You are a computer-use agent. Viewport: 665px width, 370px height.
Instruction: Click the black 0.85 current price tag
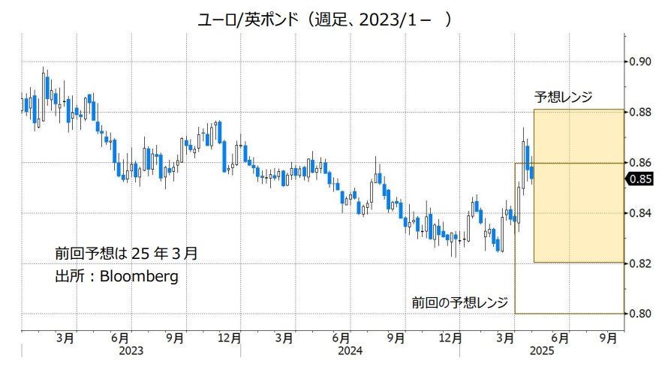pos(641,179)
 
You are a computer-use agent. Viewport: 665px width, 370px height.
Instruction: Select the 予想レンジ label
pos(563,97)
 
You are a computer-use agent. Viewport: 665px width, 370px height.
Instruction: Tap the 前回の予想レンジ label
pos(459,302)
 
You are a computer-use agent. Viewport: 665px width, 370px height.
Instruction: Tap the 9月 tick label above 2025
pos(609,338)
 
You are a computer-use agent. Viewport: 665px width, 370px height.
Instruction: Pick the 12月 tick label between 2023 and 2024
pos(229,338)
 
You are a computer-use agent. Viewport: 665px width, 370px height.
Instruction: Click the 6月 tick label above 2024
pos(340,338)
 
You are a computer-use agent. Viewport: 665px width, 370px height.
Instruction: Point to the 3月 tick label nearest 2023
pos(65,338)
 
